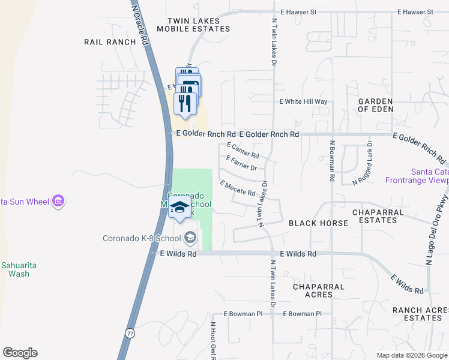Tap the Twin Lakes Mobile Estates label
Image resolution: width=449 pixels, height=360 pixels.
point(194,25)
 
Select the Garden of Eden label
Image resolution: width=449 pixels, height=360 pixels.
point(376,105)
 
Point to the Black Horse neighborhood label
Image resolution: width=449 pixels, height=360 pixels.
point(318,223)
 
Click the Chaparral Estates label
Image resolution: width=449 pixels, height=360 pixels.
point(375,216)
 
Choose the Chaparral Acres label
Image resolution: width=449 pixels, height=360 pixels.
point(318,290)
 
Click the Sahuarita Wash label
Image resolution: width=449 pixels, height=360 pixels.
point(14,269)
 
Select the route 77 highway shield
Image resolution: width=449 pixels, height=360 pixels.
point(130,332)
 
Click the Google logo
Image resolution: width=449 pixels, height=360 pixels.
point(20,353)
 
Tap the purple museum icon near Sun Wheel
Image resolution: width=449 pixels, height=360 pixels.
point(58,201)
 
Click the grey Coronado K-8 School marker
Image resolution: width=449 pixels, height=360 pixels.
point(190,238)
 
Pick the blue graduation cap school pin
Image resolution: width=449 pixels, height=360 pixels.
point(179,208)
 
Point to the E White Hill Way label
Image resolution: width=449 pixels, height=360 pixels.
point(304,102)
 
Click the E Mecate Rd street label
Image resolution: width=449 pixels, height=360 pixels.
point(238,188)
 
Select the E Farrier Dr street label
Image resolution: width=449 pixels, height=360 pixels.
point(241,163)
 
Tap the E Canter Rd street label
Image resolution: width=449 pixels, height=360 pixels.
point(243,151)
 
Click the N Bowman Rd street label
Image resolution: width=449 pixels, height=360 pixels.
point(331,161)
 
